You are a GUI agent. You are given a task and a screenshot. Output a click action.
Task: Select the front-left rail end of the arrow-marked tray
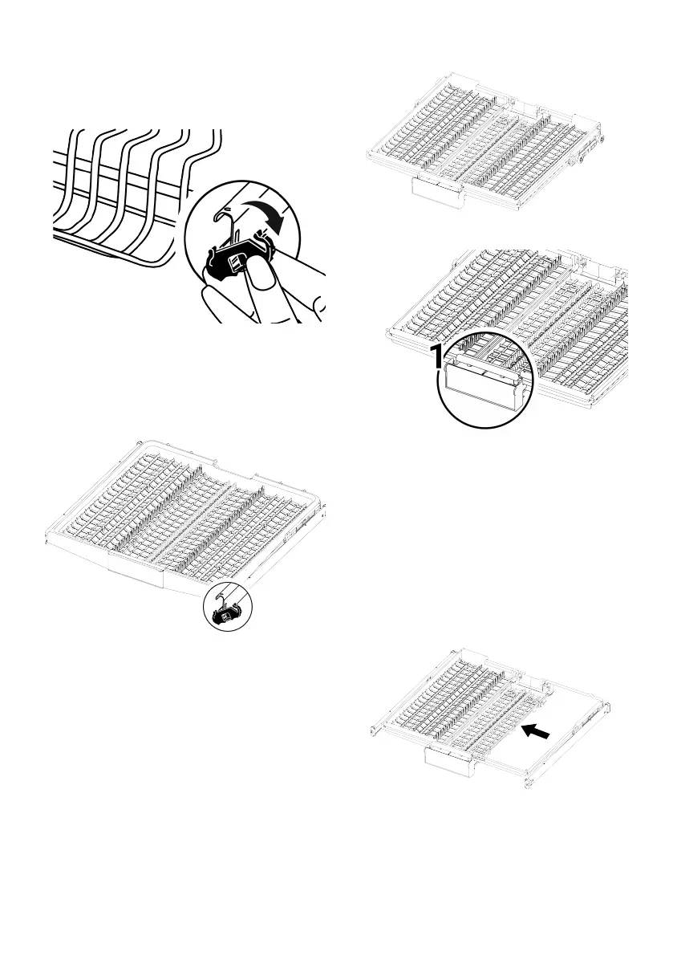click(375, 729)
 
